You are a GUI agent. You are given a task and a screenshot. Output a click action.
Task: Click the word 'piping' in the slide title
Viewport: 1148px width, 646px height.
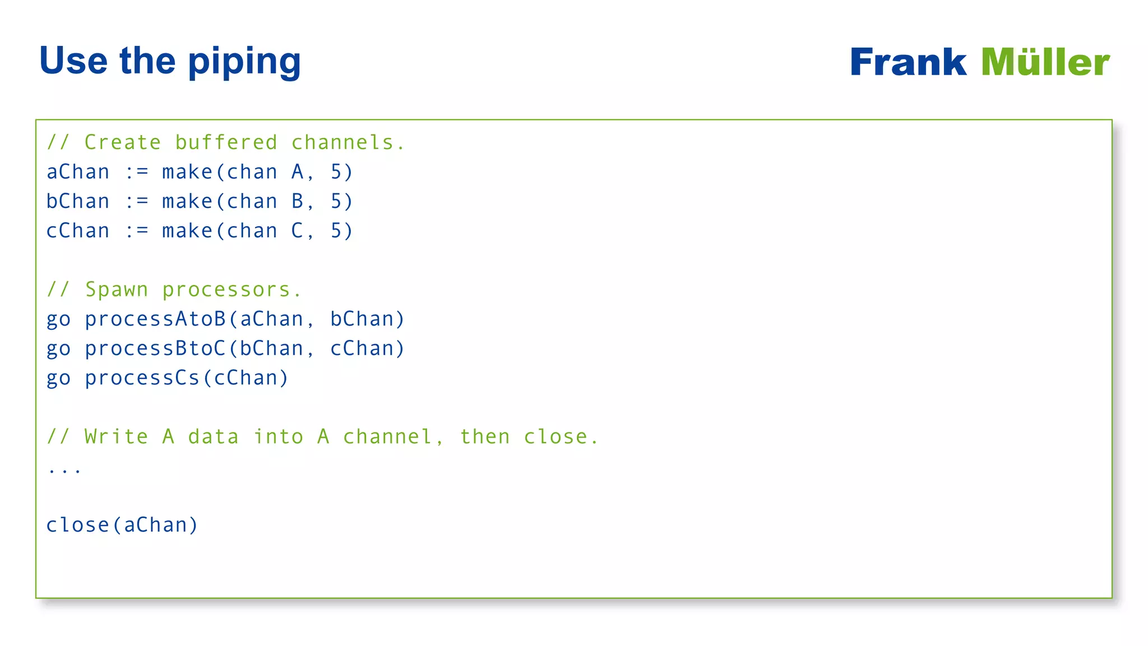tap(244, 62)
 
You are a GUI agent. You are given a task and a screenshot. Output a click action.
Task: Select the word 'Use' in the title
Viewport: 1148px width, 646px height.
tap(73, 61)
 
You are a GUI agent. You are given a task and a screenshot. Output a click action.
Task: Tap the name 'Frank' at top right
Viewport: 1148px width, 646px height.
tap(908, 62)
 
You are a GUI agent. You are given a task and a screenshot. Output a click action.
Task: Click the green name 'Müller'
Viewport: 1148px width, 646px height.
tap(1045, 62)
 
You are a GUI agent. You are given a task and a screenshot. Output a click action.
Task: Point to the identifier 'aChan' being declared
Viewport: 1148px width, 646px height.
tap(78, 172)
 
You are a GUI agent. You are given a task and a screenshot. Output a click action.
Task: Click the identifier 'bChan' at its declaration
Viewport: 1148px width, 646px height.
tap(78, 201)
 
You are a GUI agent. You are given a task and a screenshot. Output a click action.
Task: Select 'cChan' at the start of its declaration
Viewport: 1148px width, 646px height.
tap(78, 231)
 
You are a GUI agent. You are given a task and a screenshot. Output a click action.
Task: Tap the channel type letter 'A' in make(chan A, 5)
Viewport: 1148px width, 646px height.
tap(297, 172)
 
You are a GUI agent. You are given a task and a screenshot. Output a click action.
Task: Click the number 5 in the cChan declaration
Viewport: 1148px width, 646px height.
tap(336, 231)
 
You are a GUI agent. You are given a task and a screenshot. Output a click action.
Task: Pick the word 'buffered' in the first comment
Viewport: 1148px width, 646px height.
tap(226, 142)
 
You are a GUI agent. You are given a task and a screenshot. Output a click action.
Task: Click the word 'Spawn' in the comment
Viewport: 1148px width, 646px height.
tap(117, 290)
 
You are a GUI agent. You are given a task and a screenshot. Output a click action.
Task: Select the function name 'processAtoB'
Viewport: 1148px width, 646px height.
tap(155, 319)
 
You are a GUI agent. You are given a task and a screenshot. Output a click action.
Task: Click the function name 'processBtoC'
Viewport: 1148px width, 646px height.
tap(155, 349)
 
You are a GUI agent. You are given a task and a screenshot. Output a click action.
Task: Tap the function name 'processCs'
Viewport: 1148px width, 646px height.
tap(142, 378)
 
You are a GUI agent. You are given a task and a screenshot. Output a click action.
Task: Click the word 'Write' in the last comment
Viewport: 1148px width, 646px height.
tap(117, 437)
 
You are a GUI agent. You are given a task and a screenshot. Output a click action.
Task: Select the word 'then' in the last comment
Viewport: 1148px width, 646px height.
tap(485, 437)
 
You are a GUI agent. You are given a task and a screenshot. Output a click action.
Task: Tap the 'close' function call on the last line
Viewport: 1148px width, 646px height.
tap(78, 525)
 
